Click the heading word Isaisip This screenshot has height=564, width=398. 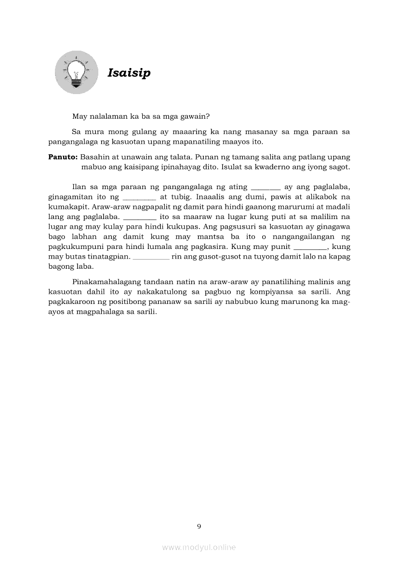129,73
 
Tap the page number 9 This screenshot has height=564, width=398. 199,526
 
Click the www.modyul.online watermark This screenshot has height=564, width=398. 199,548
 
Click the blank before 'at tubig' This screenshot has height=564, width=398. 140,197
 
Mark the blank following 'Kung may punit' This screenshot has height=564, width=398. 310,247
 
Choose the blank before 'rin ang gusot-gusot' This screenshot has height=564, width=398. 151,257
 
